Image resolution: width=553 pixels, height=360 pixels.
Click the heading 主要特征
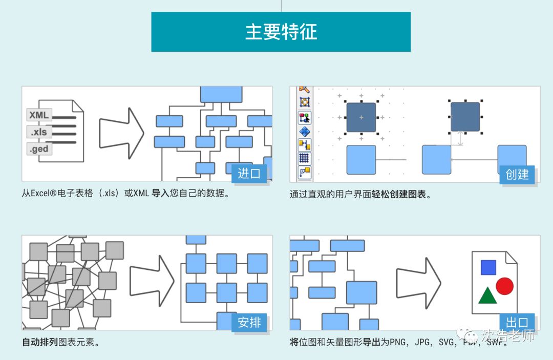point(281,32)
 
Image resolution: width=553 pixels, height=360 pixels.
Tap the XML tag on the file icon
point(39,115)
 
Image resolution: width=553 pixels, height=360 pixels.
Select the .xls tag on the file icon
point(39,132)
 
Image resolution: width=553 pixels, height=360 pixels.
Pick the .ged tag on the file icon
point(39,149)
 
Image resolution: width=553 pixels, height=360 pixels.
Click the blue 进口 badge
point(249,174)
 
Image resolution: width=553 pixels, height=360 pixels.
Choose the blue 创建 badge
point(517,175)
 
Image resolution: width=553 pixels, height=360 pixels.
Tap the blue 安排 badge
point(249,323)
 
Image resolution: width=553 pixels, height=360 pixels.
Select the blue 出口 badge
point(517,323)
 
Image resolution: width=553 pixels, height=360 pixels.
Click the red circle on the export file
point(504,286)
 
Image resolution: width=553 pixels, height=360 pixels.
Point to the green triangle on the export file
point(486,296)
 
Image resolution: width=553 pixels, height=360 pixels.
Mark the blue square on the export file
point(488,267)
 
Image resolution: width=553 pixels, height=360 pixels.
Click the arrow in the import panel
point(121,133)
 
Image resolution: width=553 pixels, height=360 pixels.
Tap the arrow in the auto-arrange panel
point(152,280)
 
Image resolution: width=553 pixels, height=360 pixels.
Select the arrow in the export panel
point(418,280)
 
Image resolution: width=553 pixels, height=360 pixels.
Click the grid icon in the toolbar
point(305,158)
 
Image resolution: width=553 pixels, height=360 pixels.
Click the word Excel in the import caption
point(42,194)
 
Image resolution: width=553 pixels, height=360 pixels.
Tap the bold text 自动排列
point(40,342)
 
